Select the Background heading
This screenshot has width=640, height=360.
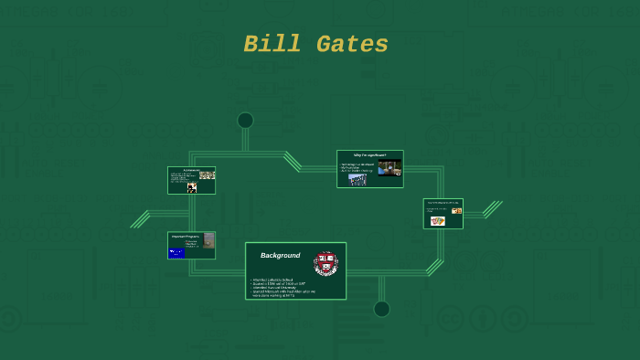click(280, 255)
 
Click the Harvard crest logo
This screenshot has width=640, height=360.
click(326, 263)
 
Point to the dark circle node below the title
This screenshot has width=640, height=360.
click(245, 121)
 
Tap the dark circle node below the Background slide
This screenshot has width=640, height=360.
click(381, 309)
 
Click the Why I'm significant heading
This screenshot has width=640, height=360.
click(369, 155)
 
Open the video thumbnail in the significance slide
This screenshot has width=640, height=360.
click(389, 167)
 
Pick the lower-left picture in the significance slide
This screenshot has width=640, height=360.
click(357, 180)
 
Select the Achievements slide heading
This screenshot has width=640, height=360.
click(191, 170)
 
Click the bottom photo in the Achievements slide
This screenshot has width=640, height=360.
click(192, 187)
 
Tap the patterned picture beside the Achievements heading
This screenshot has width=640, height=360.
click(208, 175)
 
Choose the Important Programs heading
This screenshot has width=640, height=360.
click(186, 236)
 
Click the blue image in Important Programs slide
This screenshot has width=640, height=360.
click(176, 253)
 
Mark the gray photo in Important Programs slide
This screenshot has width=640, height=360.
click(208, 242)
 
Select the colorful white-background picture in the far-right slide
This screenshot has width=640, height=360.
click(437, 220)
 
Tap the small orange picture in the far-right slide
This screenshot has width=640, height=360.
click(456, 211)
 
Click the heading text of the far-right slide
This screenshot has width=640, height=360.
click(443, 202)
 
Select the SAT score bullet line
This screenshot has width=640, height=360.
click(278, 283)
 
